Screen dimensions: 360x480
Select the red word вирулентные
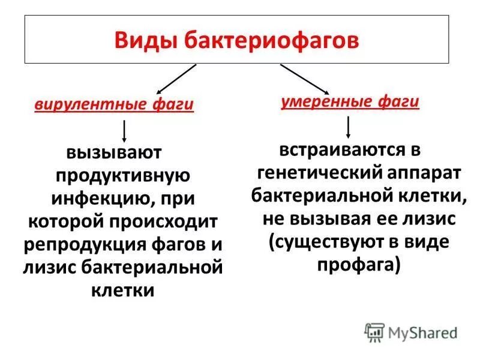point(87,104)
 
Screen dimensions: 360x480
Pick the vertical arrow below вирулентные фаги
point(124,131)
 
